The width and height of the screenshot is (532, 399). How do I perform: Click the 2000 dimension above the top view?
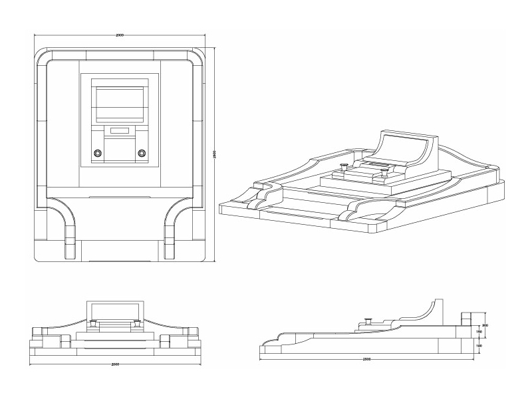(119, 35)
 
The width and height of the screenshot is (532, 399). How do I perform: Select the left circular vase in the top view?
(98, 153)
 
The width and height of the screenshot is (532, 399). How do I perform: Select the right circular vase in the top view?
(141, 153)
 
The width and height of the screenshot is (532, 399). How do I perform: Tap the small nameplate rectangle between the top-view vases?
(119, 131)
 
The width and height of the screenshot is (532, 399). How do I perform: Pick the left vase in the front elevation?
(93, 323)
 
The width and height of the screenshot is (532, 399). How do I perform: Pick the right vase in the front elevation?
(137, 323)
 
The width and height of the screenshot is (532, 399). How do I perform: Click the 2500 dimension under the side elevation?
(366, 359)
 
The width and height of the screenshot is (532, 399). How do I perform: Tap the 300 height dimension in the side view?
(485, 325)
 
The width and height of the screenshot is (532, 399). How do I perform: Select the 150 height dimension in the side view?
(478, 332)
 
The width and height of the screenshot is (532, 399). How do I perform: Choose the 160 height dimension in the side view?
(478, 346)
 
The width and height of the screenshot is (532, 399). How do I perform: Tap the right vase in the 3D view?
(384, 171)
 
